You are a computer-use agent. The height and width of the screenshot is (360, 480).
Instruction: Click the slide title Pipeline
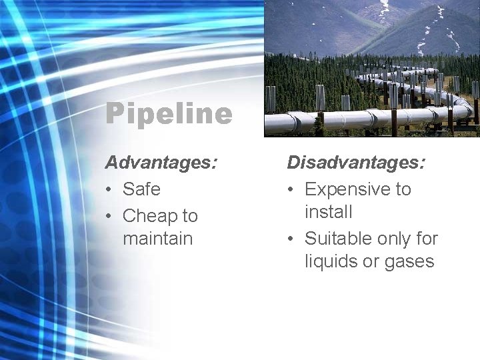click(169, 114)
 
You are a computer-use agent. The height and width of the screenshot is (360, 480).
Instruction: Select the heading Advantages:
click(161, 162)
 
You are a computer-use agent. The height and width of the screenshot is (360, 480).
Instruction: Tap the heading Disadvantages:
click(357, 162)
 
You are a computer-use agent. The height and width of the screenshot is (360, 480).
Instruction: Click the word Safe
click(141, 189)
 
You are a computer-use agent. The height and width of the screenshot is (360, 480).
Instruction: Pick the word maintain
click(157, 239)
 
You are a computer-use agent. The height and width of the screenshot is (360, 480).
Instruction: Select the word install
click(328, 212)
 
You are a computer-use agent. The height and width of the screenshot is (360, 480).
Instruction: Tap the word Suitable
click(339, 239)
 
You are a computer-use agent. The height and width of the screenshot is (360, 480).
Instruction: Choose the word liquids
click(331, 261)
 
